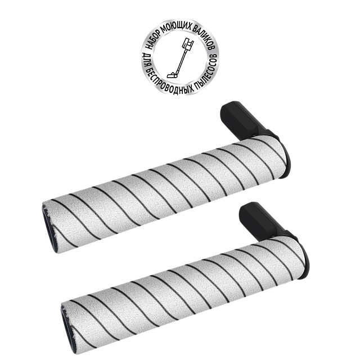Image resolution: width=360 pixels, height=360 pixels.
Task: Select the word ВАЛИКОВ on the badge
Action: pos(204,36)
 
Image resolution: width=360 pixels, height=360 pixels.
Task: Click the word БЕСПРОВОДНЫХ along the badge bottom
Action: pos(169,83)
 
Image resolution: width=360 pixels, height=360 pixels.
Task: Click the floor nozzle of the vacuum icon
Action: pos(172,75)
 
